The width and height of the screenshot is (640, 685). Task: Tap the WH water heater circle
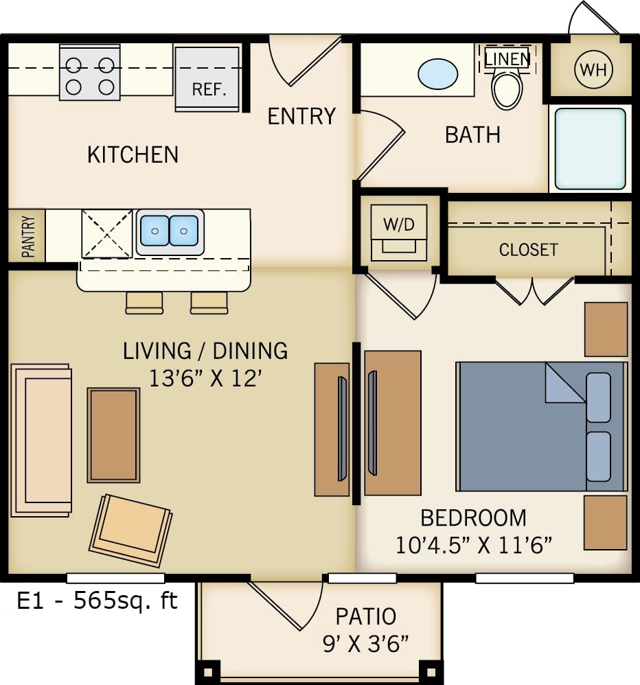click(593, 70)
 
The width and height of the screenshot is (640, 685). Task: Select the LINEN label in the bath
click(507, 59)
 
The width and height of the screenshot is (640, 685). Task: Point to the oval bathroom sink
click(438, 73)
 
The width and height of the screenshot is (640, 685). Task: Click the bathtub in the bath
click(591, 148)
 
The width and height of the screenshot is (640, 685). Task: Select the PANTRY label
click(28, 236)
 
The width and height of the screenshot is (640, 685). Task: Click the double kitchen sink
click(170, 231)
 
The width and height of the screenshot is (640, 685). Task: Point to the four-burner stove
click(89, 74)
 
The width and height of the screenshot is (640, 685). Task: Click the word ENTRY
click(301, 117)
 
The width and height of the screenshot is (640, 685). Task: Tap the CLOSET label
click(528, 250)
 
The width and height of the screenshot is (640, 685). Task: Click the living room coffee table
click(113, 434)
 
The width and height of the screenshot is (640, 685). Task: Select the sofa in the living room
click(42, 440)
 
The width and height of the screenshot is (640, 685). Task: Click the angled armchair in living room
click(131, 529)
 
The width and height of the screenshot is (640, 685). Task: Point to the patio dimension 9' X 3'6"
click(365, 643)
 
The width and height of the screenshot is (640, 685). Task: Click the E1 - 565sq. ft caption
click(97, 601)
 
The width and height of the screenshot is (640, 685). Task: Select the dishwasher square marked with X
click(106, 233)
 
